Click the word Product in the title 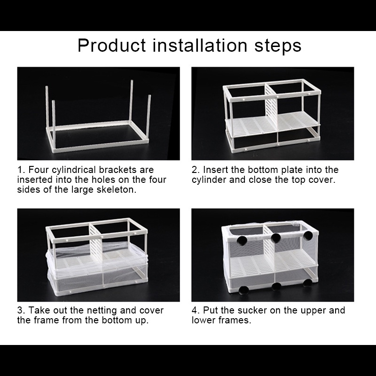[x=111, y=45]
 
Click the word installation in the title [x=200, y=45]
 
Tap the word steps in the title [x=278, y=46]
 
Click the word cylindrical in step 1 [x=74, y=170]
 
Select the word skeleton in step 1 [x=116, y=189]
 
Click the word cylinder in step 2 [x=209, y=180]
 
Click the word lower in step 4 [x=201, y=320]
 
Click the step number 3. [x=20, y=310]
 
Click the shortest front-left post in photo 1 [x=54, y=126]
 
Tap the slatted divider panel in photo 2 [x=271, y=109]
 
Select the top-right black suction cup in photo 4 [x=308, y=235]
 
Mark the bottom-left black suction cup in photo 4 [x=243, y=290]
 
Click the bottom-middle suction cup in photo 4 [x=276, y=286]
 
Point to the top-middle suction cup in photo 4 [x=276, y=238]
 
